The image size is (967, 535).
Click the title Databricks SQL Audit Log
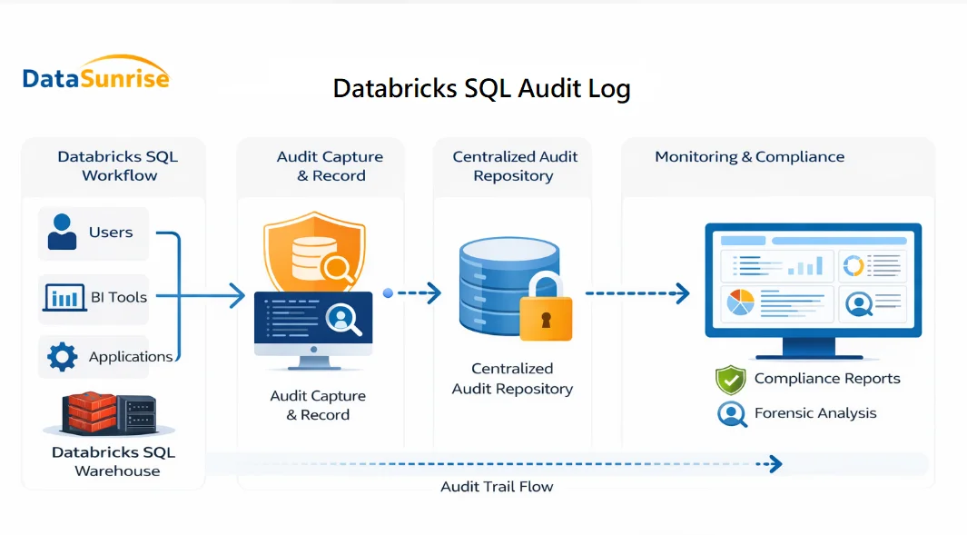pyautogui.click(x=481, y=88)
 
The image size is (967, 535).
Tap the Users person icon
pyautogui.click(x=63, y=232)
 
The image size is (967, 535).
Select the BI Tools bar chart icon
pyautogui.click(x=64, y=297)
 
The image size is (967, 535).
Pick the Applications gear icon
pyautogui.click(x=62, y=356)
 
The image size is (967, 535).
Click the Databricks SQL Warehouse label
pyautogui.click(x=113, y=461)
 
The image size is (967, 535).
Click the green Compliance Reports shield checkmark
pyautogui.click(x=730, y=380)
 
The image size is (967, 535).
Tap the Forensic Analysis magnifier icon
pyautogui.click(x=731, y=414)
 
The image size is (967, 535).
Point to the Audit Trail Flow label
pyautogui.click(x=497, y=487)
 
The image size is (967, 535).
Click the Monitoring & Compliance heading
pyautogui.click(x=749, y=157)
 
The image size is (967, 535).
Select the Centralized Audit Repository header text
pyautogui.click(x=515, y=166)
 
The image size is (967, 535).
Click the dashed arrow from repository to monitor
pyautogui.click(x=636, y=293)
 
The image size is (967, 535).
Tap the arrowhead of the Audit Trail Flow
pyautogui.click(x=774, y=464)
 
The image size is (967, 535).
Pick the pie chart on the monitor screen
pyautogui.click(x=741, y=302)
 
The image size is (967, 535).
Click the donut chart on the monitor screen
pyautogui.click(x=854, y=265)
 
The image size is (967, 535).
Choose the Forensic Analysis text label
pyautogui.click(x=815, y=413)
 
